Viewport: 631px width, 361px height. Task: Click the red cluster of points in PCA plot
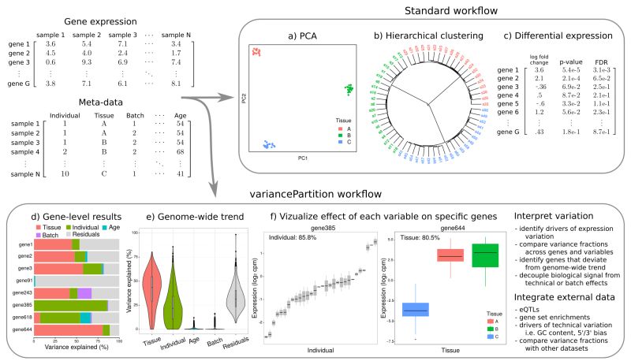256,51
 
